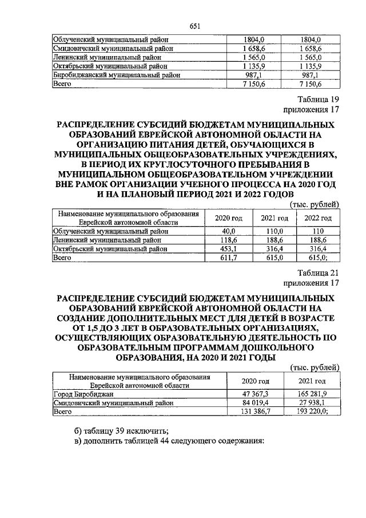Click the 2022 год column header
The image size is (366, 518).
(319, 218)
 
